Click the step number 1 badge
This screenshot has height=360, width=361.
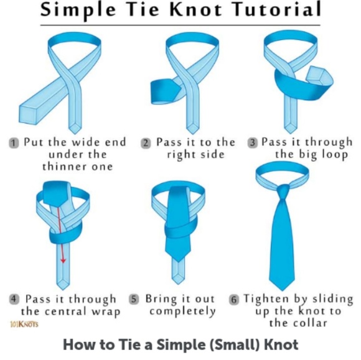pos(14,143)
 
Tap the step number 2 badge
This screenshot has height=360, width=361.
pos(146,143)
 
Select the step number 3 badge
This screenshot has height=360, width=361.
pos(252,142)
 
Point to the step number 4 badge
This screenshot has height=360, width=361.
pos(14,299)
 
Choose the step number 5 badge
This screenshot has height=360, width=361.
pos(134,299)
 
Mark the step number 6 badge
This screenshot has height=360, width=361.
pos(233,300)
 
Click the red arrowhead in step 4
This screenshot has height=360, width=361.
pos(63,261)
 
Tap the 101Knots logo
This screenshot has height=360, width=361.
pos(24,325)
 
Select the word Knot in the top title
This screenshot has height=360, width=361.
pos(197,9)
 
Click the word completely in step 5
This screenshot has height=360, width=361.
pos(182,312)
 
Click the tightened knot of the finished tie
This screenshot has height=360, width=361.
pos(283,192)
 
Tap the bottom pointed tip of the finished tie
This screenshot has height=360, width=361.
pos(282,290)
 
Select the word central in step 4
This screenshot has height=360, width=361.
pos(65,312)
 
